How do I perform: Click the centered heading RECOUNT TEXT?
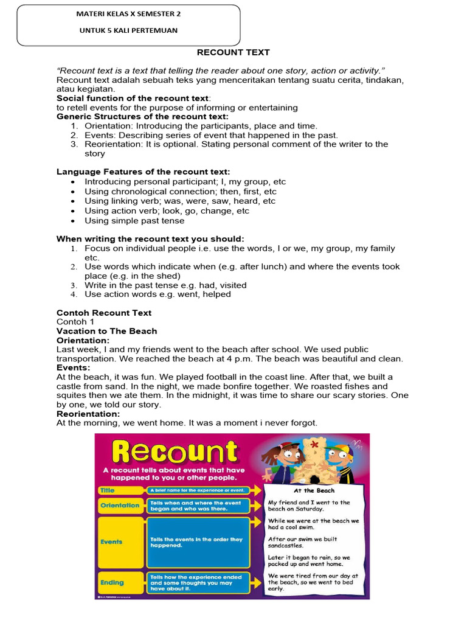click(233, 52)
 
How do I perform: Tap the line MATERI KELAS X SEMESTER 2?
click(128, 13)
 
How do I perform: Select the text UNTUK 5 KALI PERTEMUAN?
click(128, 31)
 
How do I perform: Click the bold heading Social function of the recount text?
click(133, 98)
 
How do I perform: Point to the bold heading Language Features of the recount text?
click(143, 172)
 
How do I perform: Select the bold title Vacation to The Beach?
click(106, 331)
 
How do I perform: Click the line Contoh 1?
click(75, 322)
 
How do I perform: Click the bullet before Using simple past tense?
click(74, 221)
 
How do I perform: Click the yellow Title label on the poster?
click(108, 489)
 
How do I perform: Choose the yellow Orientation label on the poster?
click(120, 505)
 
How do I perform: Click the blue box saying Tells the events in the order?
click(198, 541)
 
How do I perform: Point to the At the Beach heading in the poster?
click(314, 490)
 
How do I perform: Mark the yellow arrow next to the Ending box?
click(258, 582)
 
